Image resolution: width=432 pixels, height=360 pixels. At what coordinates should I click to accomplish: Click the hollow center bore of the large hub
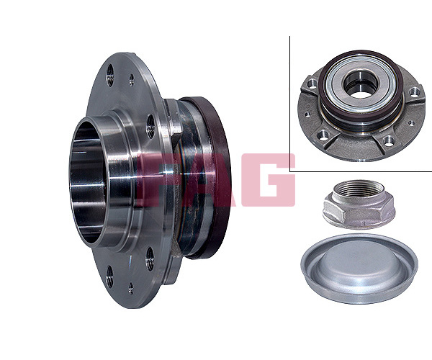coord(88,183)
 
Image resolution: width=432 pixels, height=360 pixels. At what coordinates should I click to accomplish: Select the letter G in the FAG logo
coord(268,180)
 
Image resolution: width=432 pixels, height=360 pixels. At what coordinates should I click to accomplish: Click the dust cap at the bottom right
coord(359,269)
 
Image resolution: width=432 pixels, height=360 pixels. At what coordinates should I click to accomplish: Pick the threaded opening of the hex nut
coord(359,188)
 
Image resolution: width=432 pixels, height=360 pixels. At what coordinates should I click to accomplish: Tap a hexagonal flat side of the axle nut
coord(358,213)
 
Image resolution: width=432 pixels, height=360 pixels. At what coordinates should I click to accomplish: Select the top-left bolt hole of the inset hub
coord(312,84)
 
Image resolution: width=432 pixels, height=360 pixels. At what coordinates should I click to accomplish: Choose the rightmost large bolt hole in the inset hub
coord(414,91)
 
